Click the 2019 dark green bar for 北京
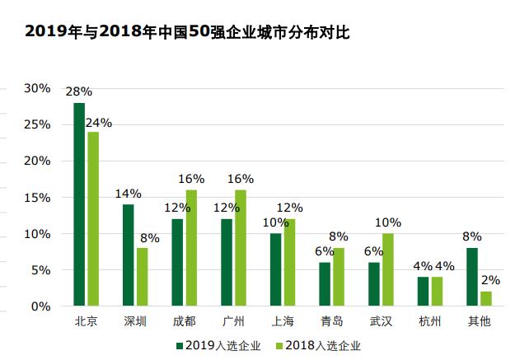click(x=79, y=204)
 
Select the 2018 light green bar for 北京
click(x=92, y=219)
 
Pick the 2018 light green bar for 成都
click(x=191, y=248)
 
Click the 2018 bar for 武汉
click(x=387, y=269)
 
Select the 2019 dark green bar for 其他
click(x=471, y=277)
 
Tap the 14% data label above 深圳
click(x=128, y=194)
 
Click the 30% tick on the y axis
click(x=37, y=88)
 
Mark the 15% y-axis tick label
click(x=37, y=198)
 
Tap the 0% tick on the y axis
click(x=40, y=306)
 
